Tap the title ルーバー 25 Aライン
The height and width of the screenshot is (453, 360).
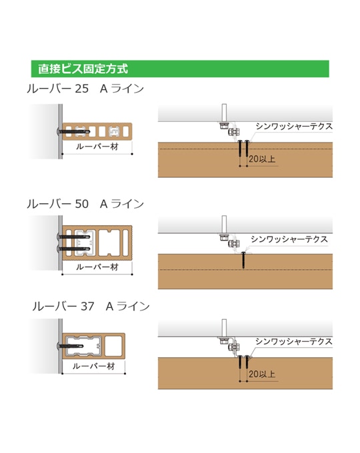click(85, 89)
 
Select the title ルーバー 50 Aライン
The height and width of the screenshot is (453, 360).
click(85, 204)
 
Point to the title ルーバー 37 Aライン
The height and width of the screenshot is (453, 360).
click(91, 306)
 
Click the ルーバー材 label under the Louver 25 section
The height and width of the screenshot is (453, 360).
click(97, 147)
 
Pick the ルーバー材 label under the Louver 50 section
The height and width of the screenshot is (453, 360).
click(97, 267)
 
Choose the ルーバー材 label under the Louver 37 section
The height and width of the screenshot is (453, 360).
click(94, 366)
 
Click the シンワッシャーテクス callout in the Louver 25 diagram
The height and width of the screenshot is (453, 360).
click(294, 127)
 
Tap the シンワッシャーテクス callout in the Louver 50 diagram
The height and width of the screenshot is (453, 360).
click(289, 239)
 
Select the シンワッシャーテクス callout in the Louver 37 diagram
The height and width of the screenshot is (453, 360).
click(294, 342)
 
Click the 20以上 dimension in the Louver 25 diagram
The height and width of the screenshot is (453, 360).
click(262, 159)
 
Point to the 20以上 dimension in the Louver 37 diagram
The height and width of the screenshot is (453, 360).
click(262, 374)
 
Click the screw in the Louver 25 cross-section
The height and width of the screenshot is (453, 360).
click(73, 132)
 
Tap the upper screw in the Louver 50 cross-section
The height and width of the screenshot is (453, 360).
click(73, 237)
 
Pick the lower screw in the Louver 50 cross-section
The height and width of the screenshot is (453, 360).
click(73, 248)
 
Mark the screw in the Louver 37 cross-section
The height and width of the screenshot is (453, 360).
click(70, 346)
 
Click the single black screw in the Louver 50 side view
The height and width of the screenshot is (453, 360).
click(243, 260)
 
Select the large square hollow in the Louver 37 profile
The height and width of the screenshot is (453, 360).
click(113, 346)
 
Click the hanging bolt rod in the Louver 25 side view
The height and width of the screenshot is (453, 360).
click(224, 113)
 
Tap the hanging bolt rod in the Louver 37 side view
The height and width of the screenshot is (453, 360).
click(224, 328)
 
